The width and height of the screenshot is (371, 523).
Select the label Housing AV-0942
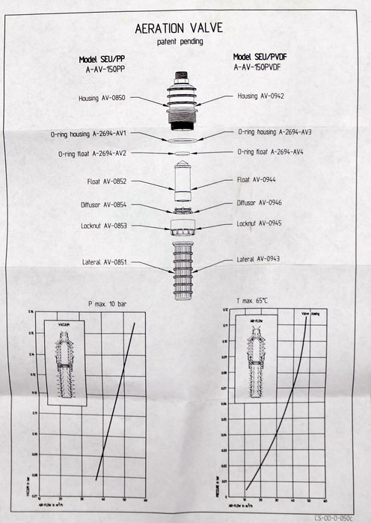pos(261,96)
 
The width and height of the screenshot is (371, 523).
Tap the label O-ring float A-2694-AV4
pos(270,152)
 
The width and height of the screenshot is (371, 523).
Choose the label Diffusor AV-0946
pos(259,202)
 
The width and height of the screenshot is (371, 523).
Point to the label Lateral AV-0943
pos(263,259)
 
